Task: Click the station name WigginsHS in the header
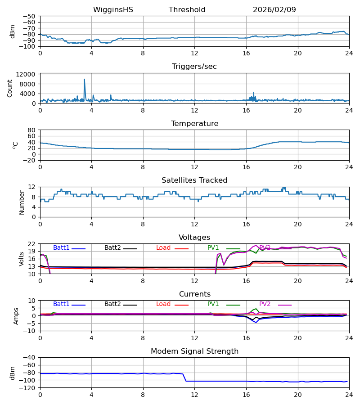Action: click(113, 10)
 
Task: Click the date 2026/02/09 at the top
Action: click(274, 10)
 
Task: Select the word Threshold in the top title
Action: click(187, 10)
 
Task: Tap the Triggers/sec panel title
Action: click(194, 67)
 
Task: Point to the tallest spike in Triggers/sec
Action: click(84, 80)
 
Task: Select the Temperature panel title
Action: click(194, 124)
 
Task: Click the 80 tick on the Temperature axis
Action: click(32, 130)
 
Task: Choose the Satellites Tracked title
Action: click(194, 180)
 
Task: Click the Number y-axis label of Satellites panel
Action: click(22, 202)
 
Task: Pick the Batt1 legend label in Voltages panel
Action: click(61, 248)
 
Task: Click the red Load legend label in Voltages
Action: click(163, 248)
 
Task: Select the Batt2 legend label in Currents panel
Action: click(112, 304)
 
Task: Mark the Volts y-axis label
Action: click(22, 259)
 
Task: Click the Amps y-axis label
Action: click(17, 315)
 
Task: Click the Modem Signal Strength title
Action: click(194, 351)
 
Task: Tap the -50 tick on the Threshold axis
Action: click(30, 16)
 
